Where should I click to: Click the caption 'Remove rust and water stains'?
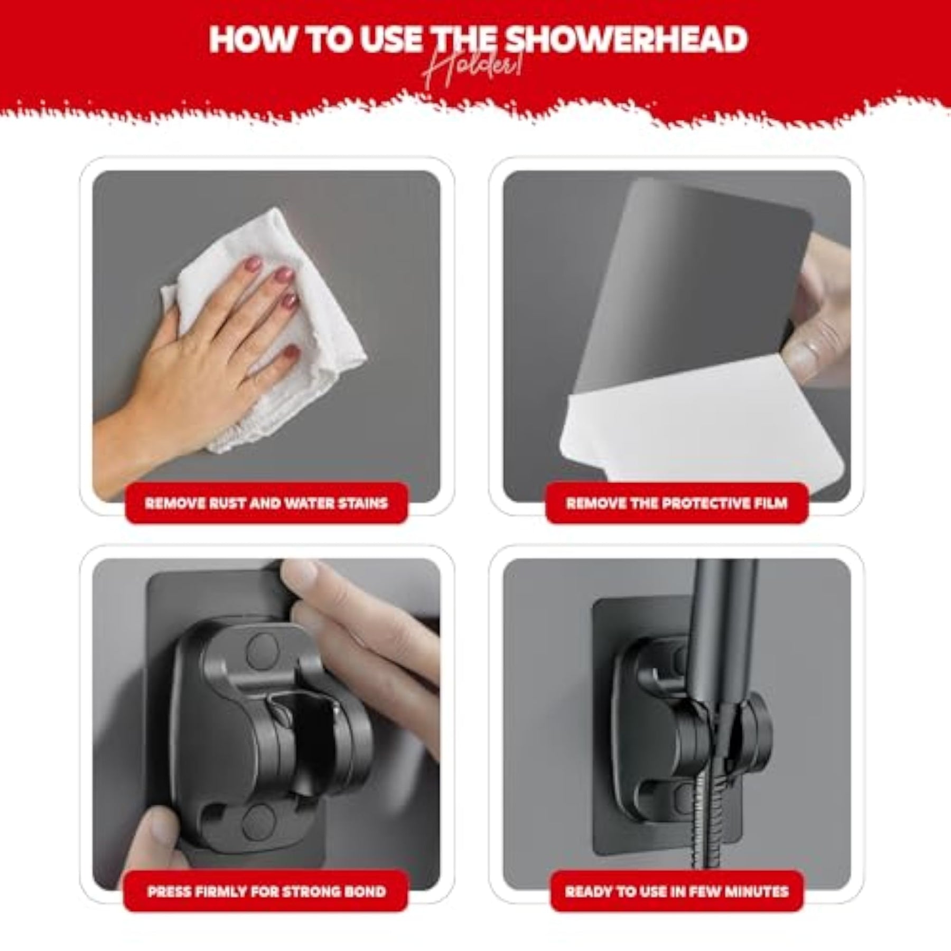point(266,502)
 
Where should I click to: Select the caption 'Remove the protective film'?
point(677,502)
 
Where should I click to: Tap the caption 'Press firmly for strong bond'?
point(266,892)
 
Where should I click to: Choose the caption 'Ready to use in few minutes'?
point(677,892)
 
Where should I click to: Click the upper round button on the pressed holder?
point(263,648)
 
